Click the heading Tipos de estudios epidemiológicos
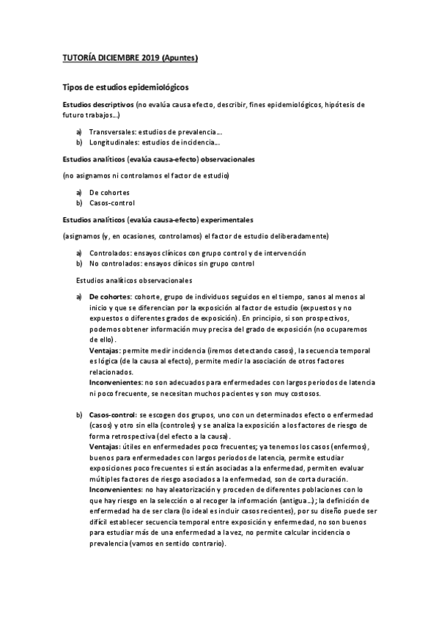pos(125,87)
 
